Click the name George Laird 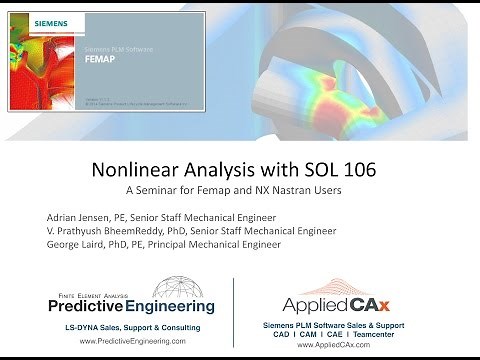pos(76,243)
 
